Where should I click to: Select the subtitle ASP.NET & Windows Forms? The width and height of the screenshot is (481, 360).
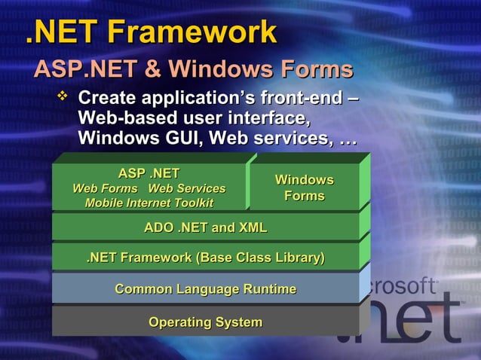tap(193, 70)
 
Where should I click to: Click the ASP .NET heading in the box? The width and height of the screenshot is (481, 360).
tap(149, 174)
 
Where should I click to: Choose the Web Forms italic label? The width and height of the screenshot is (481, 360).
tap(105, 188)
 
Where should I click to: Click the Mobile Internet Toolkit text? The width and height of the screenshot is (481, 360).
tap(149, 203)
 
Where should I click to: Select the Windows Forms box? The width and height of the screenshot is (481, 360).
tap(304, 188)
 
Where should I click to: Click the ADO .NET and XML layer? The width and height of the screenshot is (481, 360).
tap(205, 227)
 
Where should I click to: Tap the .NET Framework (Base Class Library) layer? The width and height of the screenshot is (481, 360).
tap(205, 258)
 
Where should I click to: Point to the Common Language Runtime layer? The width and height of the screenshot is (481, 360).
tap(205, 289)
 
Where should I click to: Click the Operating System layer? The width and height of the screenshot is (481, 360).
tap(205, 322)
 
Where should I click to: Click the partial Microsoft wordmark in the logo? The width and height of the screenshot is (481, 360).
tap(403, 286)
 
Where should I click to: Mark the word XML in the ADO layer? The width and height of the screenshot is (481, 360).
tap(252, 227)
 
